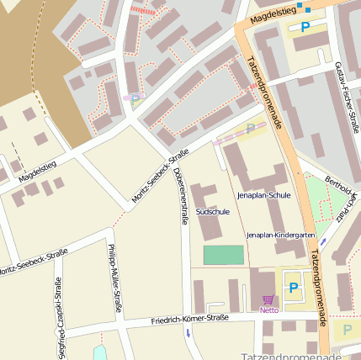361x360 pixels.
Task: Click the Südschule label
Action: [x=212, y=212]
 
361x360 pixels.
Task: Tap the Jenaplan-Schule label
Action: [x=263, y=195]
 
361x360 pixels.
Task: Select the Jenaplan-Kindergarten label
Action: [x=281, y=236]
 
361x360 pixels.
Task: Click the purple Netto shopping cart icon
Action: [x=268, y=299]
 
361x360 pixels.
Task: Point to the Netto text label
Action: [x=268, y=310]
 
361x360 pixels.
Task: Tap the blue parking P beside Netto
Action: [x=294, y=288]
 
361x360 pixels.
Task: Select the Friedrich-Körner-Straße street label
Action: [x=189, y=319]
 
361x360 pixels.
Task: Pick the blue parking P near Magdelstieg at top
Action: [x=305, y=27]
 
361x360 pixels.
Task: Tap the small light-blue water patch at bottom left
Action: [x=99, y=352]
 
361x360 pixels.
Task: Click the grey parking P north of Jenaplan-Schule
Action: [x=250, y=129]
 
